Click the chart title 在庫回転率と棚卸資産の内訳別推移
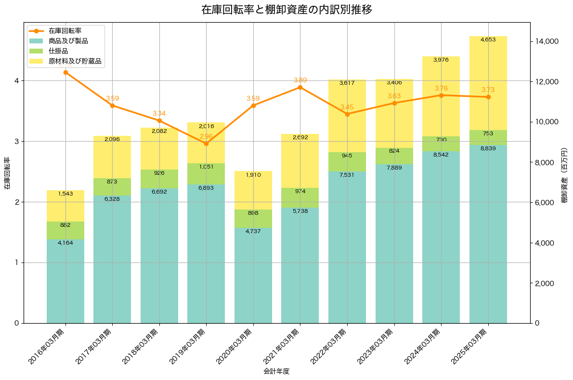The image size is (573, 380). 286,10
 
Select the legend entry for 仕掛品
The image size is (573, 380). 58,51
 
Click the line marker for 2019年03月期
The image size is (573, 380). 206,144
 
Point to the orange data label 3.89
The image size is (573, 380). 300,80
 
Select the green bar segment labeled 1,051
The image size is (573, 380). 206,174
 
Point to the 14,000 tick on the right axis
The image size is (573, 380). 547,41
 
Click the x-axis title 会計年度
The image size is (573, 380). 276,371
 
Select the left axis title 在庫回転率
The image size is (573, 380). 7,173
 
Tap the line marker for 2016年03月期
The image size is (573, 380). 65,72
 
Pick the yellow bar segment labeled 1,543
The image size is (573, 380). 65,206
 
